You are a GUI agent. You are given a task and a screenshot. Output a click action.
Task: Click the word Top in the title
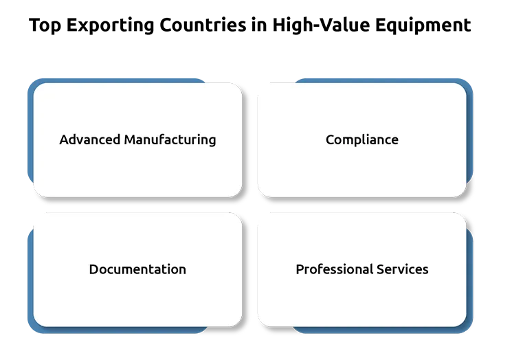pyautogui.click(x=45, y=25)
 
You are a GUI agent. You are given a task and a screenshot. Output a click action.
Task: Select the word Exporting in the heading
pyautogui.click(x=110, y=25)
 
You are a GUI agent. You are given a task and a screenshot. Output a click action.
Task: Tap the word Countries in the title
pyautogui.click(x=203, y=25)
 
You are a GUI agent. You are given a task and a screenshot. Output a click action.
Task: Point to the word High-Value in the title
pyautogui.click(x=322, y=25)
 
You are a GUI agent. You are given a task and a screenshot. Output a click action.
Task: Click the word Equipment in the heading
pyautogui.click(x=423, y=25)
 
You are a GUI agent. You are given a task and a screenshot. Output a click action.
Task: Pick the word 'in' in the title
pyautogui.click(x=259, y=25)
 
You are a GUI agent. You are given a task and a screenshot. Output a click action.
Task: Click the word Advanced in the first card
pyautogui.click(x=90, y=139)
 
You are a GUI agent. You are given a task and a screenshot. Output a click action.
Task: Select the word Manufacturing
pyautogui.click(x=170, y=140)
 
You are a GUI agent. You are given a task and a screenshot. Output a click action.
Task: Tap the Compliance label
pyautogui.click(x=362, y=140)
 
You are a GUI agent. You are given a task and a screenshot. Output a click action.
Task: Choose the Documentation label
pyautogui.click(x=137, y=269)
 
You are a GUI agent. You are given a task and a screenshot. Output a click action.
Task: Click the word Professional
pyautogui.click(x=335, y=269)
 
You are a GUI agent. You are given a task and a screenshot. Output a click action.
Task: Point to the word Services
pyautogui.click(x=402, y=269)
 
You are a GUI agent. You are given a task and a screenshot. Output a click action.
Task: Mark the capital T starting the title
pyautogui.click(x=34, y=25)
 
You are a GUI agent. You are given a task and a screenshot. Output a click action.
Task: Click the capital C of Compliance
pyautogui.click(x=330, y=139)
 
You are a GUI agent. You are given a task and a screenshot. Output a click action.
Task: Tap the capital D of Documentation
pyautogui.click(x=93, y=269)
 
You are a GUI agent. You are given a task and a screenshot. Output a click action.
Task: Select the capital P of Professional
pyautogui.click(x=300, y=269)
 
